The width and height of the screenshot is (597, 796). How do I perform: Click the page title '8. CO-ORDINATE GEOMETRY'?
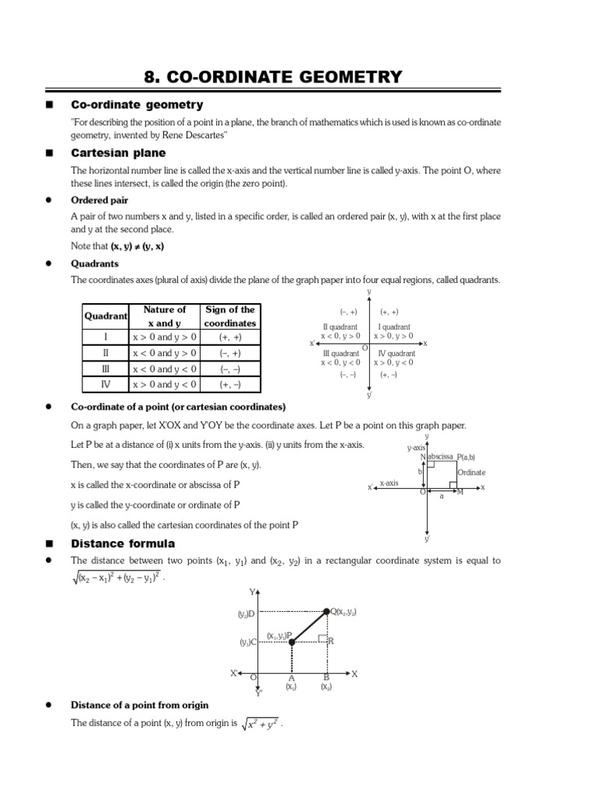pyautogui.click(x=274, y=76)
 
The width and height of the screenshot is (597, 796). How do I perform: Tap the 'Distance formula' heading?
pyautogui.click(x=123, y=543)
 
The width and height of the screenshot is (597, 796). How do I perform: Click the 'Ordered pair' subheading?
pyautogui.click(x=100, y=200)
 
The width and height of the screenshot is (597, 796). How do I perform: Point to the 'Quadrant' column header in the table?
pyautogui.click(x=106, y=316)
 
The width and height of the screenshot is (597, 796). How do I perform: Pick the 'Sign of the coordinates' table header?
pyautogui.click(x=230, y=316)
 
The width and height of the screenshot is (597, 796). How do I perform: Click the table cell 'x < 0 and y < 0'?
pyautogui.click(x=165, y=369)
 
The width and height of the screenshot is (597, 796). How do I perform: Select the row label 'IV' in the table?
pyautogui.click(x=106, y=385)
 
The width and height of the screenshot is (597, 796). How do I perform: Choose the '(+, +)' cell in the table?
pyautogui.click(x=230, y=337)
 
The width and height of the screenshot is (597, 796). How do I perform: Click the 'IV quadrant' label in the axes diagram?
pyautogui.click(x=396, y=354)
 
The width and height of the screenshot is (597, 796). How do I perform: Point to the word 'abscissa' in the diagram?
pyautogui.click(x=441, y=457)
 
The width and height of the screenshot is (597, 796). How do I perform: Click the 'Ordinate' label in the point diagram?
pyautogui.click(x=471, y=472)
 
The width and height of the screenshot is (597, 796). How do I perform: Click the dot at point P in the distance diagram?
pyautogui.click(x=292, y=642)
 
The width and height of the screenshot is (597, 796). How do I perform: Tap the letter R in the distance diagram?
pyautogui.click(x=330, y=641)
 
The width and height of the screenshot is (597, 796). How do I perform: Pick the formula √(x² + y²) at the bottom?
pyautogui.click(x=260, y=724)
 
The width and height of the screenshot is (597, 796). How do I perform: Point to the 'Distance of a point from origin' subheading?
pyautogui.click(x=140, y=705)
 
